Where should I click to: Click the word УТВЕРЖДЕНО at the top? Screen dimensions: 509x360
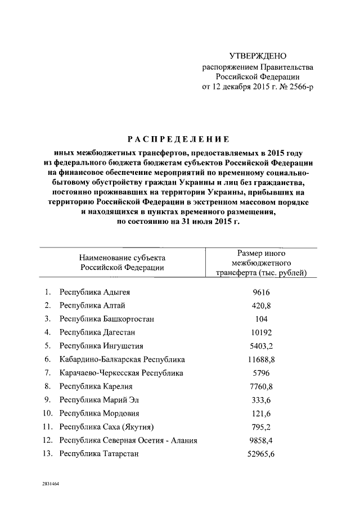(x=258, y=56)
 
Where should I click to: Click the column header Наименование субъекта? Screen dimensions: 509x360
(x=122, y=257)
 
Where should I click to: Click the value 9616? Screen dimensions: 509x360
(x=262, y=292)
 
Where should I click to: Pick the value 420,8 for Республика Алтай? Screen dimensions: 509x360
(x=262, y=305)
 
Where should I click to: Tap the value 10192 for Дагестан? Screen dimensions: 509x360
(x=262, y=332)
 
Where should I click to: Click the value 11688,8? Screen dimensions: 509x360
(x=262, y=359)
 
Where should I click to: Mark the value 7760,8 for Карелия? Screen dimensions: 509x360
(x=262, y=386)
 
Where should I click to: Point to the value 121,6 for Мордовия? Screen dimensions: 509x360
(x=262, y=413)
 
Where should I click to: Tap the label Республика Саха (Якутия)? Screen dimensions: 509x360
(x=107, y=427)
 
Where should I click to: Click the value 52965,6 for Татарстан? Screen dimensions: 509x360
(x=262, y=454)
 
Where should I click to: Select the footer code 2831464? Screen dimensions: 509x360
(x=49, y=484)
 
